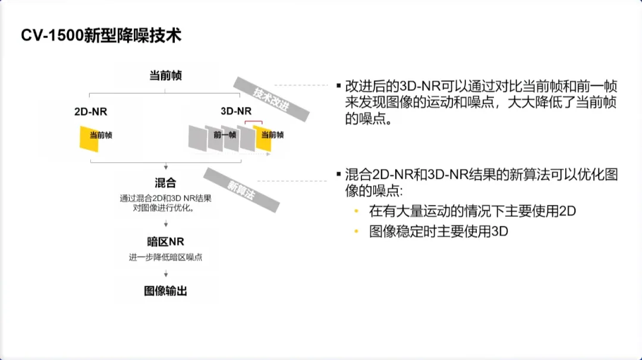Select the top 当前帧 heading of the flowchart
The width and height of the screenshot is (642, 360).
(x=165, y=75)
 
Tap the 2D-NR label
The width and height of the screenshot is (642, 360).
(x=91, y=111)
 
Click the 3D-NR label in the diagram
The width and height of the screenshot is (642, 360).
(x=236, y=111)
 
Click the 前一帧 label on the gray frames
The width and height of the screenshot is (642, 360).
(x=225, y=135)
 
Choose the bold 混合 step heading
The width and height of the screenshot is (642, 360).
(x=165, y=182)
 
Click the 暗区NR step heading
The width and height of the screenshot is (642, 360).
(x=165, y=242)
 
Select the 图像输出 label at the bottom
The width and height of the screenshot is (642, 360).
(x=165, y=291)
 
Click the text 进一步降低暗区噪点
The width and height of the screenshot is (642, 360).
(x=165, y=257)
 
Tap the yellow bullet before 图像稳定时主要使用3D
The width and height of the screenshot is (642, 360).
(x=357, y=232)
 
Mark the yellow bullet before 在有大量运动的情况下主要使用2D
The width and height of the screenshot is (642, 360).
(x=357, y=211)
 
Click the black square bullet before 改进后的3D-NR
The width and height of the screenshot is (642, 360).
(x=338, y=86)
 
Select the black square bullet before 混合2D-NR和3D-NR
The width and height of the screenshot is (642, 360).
(x=338, y=175)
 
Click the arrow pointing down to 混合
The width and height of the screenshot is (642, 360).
(x=166, y=168)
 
